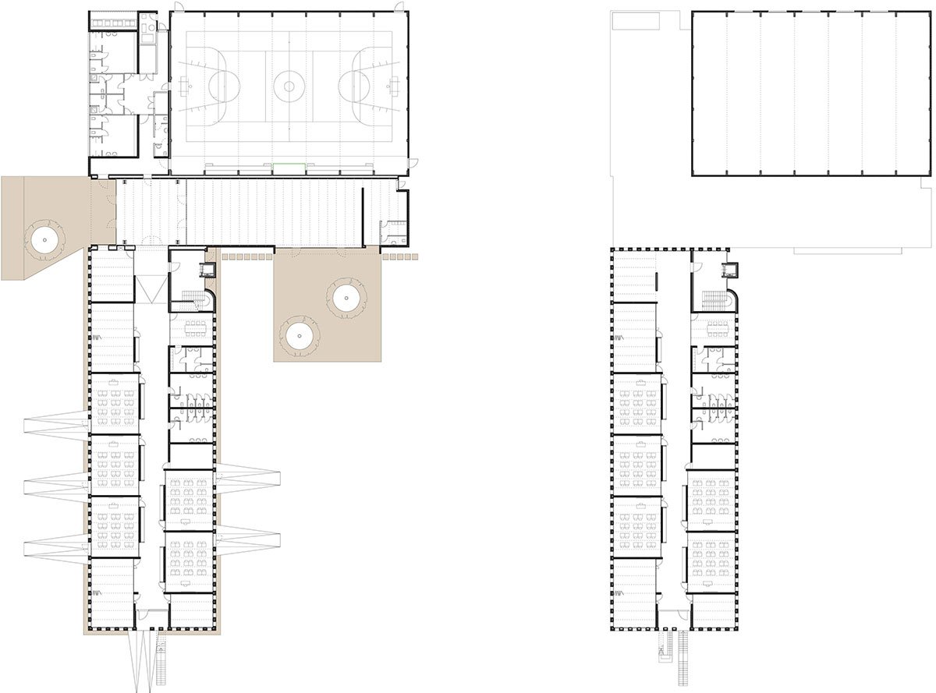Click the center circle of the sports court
289,86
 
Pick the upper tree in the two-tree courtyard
344,296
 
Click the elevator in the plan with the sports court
207,270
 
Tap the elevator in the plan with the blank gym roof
731,270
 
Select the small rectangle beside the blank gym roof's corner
636,21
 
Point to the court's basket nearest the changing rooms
187,81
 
